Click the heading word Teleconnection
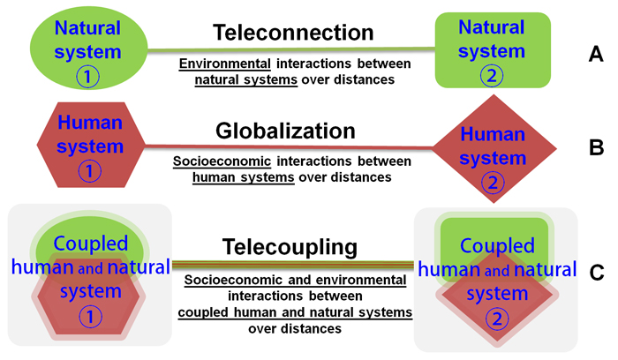(293, 34)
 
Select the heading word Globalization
(285, 131)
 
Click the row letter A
(596, 56)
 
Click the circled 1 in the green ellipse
(87, 77)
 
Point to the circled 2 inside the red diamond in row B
(494, 184)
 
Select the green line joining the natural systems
(291, 50)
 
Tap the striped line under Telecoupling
(291, 263)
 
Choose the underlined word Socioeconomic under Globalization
(222, 162)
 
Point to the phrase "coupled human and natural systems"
(294, 312)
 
